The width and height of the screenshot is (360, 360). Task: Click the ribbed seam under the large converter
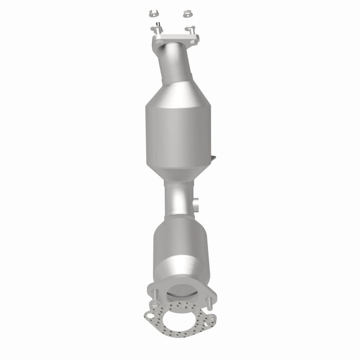179,178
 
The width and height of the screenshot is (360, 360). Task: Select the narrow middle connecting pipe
178,198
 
